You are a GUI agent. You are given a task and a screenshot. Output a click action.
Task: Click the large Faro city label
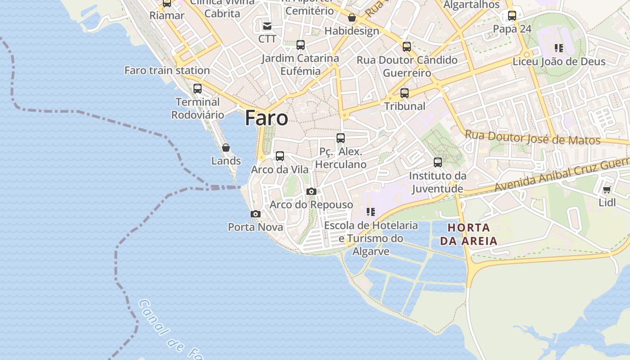click(266, 118)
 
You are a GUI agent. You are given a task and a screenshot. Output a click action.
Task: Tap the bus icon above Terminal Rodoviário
click(198, 89)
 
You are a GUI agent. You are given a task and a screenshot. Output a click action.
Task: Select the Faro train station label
click(167, 71)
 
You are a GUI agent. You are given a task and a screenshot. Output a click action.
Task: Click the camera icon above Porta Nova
click(256, 214)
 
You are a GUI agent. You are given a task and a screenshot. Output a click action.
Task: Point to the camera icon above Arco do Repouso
click(311, 192)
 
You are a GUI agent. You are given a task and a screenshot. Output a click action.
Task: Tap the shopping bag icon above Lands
click(226, 148)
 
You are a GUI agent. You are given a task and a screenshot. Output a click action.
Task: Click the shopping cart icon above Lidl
click(607, 190)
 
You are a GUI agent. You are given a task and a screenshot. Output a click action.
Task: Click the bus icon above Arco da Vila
click(280, 156)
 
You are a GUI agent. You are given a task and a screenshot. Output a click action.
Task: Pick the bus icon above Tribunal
click(405, 93)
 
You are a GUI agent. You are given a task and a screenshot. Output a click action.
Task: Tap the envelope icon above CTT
click(267, 26)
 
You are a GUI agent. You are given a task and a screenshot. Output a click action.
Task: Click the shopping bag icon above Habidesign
click(352, 18)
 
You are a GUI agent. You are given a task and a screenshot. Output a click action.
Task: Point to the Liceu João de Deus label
click(559, 62)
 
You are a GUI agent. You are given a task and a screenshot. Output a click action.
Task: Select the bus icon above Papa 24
click(512, 16)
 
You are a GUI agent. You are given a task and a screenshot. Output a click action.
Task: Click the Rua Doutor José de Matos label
click(532, 137)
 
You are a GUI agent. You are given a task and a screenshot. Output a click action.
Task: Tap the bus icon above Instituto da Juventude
click(438, 162)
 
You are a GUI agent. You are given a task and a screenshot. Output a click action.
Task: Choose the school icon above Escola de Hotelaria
click(371, 212)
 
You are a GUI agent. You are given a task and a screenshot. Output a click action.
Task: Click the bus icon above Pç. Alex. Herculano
click(341, 138)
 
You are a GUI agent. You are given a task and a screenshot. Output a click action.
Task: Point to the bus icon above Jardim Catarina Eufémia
click(301, 45)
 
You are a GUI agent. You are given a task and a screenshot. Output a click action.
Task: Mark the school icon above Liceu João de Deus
click(559, 48)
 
